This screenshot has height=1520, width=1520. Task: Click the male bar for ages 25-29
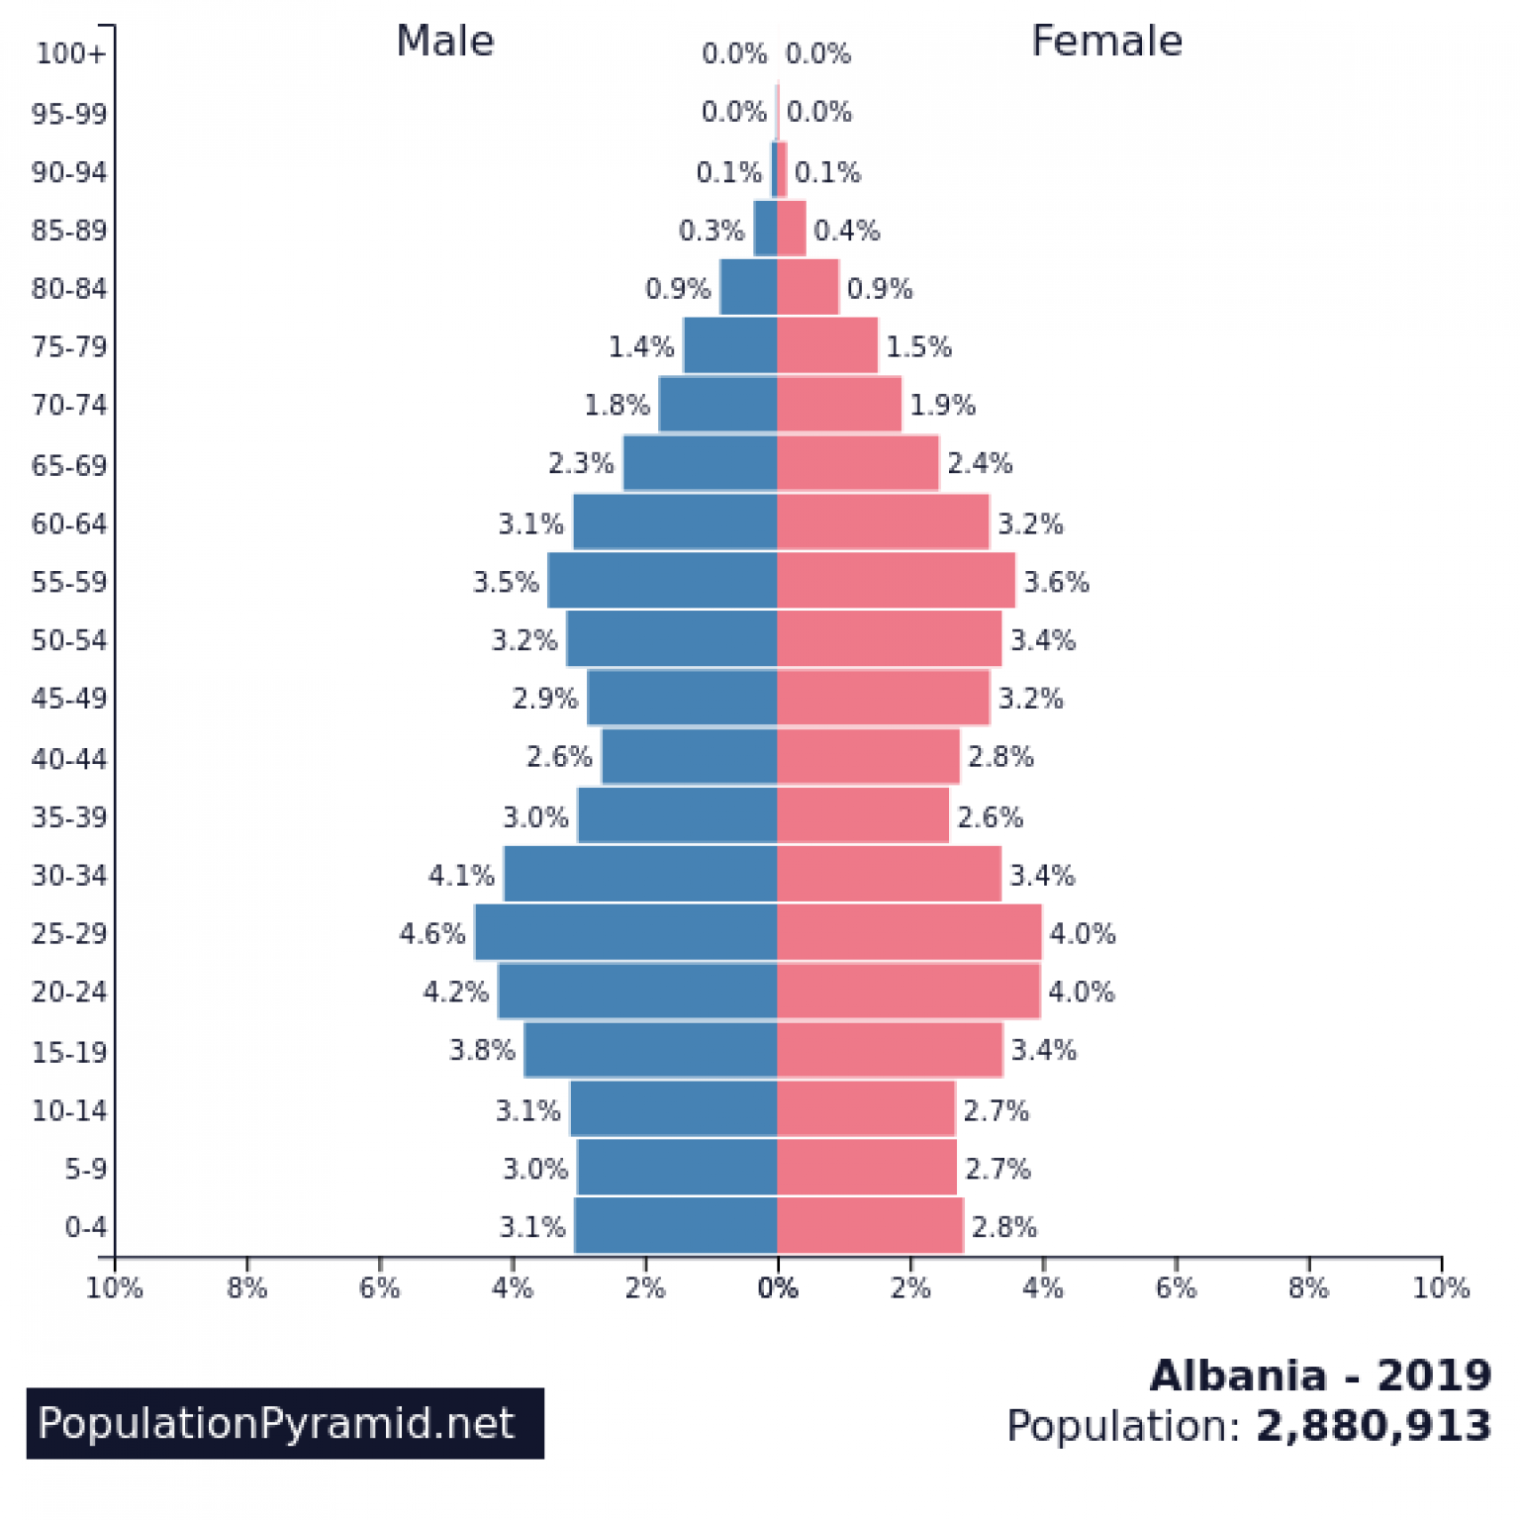625,932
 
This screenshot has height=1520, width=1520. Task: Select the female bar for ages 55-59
896,581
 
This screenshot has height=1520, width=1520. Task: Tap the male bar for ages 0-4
676,1226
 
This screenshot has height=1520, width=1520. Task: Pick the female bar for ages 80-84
807,288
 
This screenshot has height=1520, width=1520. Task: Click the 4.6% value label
432,933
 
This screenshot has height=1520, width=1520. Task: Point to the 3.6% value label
1056,582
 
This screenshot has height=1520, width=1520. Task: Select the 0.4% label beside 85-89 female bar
846,231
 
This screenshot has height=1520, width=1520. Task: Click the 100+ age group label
69,53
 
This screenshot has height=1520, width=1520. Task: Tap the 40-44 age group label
68,758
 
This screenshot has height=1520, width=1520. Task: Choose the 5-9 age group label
85,1169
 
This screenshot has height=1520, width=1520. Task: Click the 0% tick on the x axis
778,1287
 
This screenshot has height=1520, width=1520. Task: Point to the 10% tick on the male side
115,1287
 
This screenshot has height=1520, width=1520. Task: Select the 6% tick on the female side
1176,1287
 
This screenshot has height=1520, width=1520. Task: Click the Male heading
444,42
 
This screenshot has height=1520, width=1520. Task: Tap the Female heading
1106,42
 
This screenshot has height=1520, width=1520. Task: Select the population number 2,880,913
1373,1426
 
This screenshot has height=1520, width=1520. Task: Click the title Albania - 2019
1320,1376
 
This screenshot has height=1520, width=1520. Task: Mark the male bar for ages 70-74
717,405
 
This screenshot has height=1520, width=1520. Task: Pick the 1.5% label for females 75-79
917,347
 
